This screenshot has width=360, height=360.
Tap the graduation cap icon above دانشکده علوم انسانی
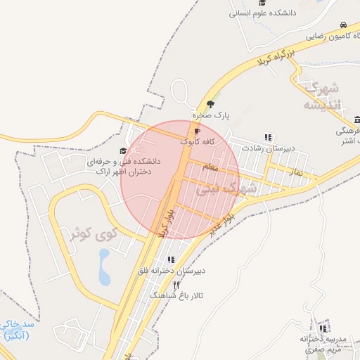pos(262,3)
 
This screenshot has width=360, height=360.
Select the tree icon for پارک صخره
pos(210,104)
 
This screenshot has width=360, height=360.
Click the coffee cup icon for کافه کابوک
pos(197,131)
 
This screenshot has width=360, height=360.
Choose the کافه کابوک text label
pos(198,141)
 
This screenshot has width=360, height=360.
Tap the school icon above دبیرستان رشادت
pos(267,137)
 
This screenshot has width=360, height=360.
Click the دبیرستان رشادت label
pos(267,148)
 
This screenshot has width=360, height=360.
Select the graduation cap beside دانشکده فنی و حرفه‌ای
pos(123,150)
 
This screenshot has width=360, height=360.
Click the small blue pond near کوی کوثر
pos(105,267)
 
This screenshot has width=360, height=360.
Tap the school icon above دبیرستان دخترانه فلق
pos(171,259)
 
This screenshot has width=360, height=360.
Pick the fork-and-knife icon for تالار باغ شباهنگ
pos(176,285)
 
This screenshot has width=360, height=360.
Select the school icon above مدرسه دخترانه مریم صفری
pos(323,328)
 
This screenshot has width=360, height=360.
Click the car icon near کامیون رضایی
pos(343,25)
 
